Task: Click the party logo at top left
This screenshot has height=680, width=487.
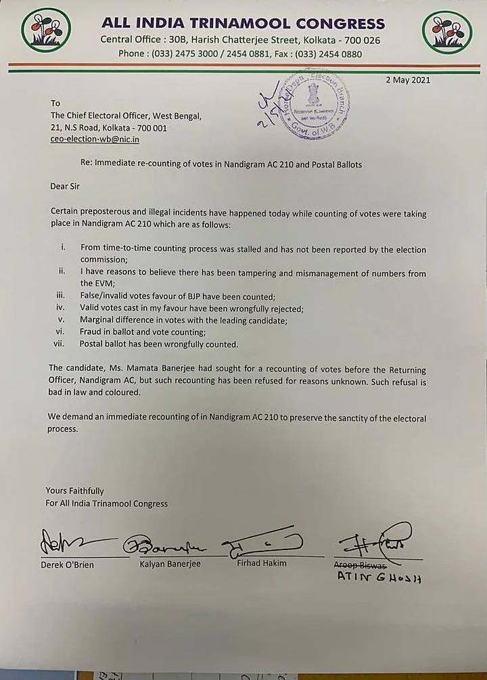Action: click(45, 30)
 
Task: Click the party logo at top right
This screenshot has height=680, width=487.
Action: click(446, 31)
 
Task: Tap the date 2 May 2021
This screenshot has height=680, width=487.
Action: click(408, 80)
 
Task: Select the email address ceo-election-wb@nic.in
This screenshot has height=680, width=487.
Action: click(95, 139)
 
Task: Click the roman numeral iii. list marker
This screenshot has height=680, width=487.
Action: click(59, 296)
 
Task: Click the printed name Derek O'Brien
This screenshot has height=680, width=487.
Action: click(68, 564)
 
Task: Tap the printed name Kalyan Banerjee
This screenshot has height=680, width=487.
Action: click(170, 564)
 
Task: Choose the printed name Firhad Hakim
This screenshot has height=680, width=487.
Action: click(262, 563)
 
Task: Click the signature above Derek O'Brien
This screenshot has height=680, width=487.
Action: click(71, 542)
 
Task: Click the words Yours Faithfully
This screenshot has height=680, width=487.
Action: click(75, 491)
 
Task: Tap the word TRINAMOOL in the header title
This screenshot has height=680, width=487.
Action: click(227, 24)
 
